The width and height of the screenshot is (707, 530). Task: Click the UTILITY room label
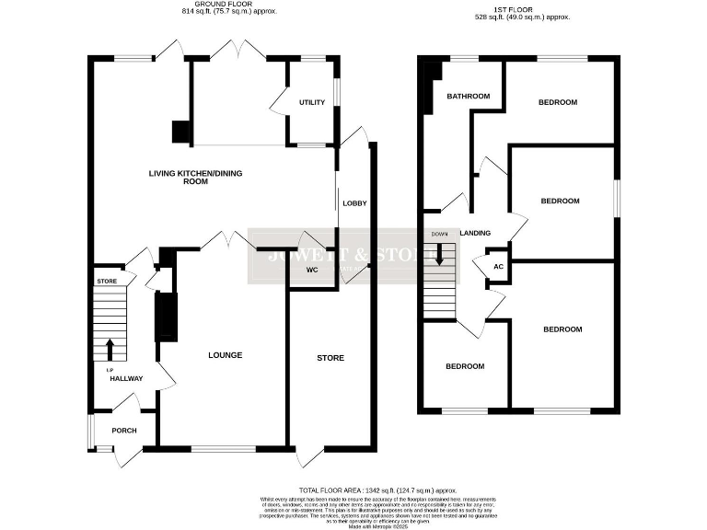[x=311, y=102]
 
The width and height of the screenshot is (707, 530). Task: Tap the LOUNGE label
[x=225, y=354]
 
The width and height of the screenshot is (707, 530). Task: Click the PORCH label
[x=124, y=429]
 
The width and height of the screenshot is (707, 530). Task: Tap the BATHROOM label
[x=468, y=97]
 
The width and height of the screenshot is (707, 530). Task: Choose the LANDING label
[x=475, y=233]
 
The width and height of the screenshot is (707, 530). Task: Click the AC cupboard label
[x=499, y=266]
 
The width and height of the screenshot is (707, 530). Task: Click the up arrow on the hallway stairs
[x=110, y=349]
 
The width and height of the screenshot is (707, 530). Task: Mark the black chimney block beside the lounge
[x=165, y=317]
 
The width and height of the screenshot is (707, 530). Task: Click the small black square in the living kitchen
[x=180, y=132]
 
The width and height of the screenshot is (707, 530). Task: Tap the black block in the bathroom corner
[x=425, y=83]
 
